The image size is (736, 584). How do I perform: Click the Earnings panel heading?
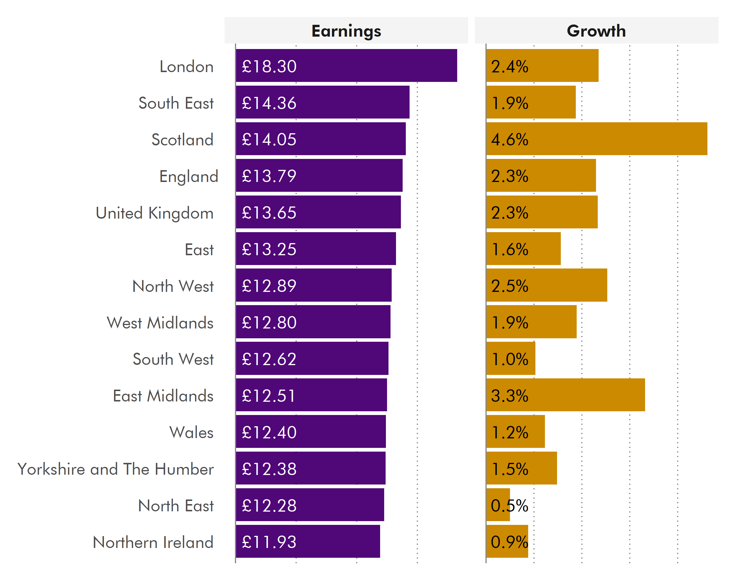pos(346,31)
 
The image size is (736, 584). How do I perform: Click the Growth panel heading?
pos(596,31)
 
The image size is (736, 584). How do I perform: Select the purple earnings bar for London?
pos(376,65)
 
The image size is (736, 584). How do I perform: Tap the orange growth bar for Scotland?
pos(614,139)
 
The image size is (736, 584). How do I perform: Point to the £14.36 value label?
pos(269,103)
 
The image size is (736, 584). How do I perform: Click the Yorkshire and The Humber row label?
pos(115,469)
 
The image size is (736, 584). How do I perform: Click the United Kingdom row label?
pos(155,213)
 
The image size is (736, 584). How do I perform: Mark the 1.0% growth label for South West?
pos(509,359)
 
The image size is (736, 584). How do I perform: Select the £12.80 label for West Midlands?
pos(269,322)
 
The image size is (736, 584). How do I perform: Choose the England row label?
pos(188,176)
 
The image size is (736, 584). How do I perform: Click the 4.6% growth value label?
pos(509,139)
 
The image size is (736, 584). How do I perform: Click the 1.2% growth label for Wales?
pos(509,432)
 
